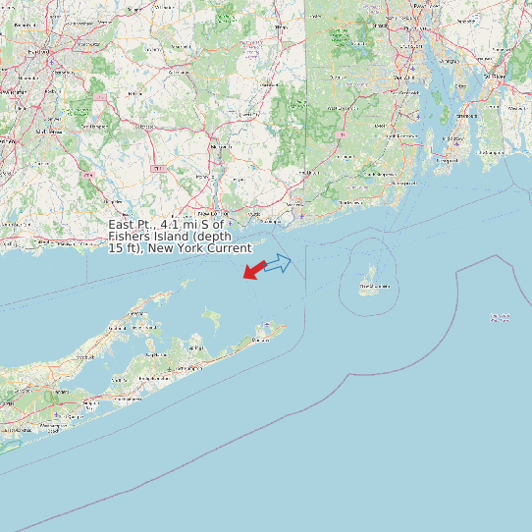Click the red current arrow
[253, 268]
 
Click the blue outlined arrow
[278, 263]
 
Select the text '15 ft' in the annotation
[122, 248]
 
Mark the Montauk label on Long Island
[261, 339]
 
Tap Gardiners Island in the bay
[210, 316]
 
